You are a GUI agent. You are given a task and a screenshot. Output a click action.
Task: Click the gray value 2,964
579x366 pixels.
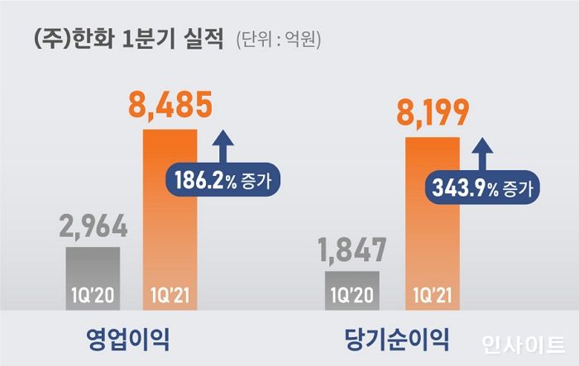93,226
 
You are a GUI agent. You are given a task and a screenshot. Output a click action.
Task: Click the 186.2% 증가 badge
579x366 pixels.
223,178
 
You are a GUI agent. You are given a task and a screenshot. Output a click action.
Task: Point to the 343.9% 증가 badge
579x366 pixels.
483,187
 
